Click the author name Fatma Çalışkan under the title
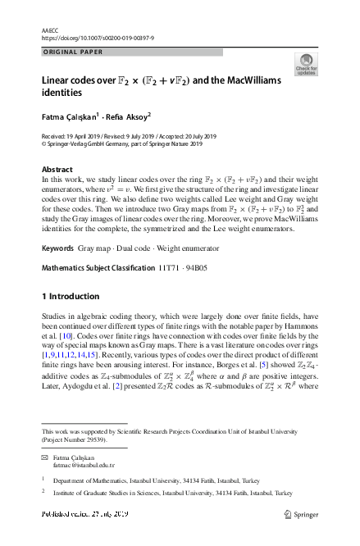[70, 116]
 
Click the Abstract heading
[57, 170]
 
